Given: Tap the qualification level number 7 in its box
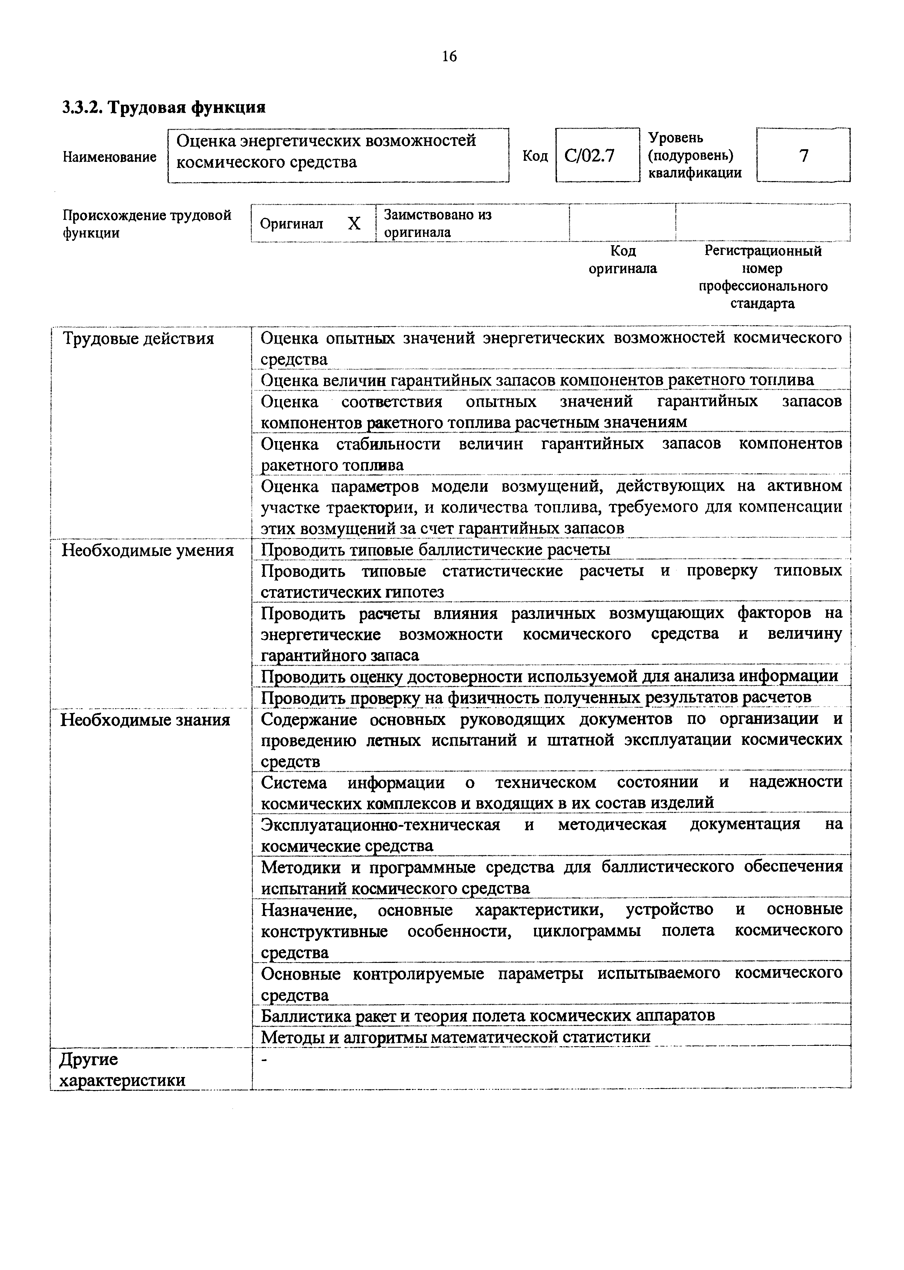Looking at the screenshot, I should click(803, 156).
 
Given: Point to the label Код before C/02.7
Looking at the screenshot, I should click(535, 156).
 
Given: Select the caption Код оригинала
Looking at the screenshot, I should click(623, 260).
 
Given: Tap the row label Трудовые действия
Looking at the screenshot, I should click(138, 338).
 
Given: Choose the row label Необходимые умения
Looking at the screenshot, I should click(147, 550).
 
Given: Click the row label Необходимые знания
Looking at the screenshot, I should click(145, 720).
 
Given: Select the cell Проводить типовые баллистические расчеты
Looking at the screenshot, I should click(435, 550).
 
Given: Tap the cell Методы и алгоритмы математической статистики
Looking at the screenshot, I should click(455, 1037).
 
